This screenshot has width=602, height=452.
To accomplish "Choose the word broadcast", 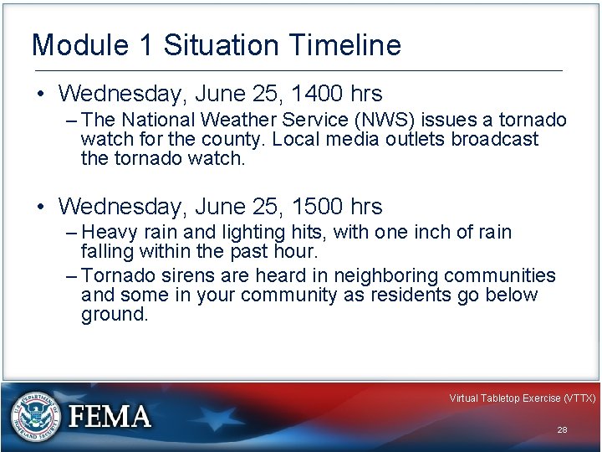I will (x=495, y=139).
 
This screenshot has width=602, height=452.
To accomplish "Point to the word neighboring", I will (x=389, y=275).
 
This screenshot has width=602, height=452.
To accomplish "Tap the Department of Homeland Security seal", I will (x=33, y=417).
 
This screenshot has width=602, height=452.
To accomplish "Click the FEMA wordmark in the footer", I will (x=110, y=417).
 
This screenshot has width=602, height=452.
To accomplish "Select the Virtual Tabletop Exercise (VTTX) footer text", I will (x=522, y=398).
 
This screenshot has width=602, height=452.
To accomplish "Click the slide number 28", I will (x=562, y=429).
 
